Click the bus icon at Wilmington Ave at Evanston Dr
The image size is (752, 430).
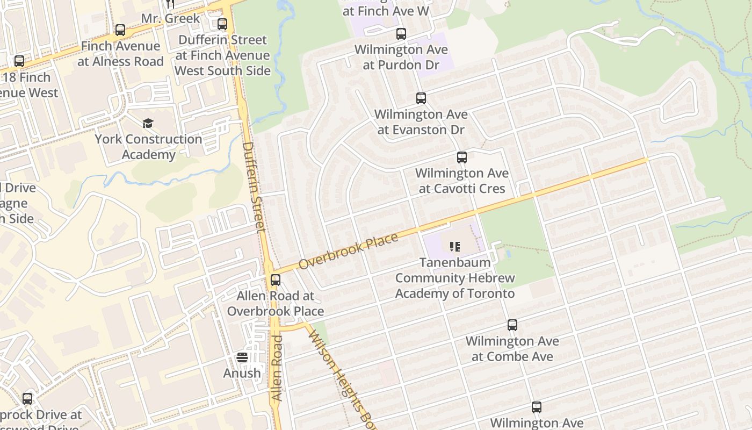pos(421,98)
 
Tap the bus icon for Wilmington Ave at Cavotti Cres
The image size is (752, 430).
pos(462,157)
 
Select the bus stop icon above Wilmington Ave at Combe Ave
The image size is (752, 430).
pos(512,325)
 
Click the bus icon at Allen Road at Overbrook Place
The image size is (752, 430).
pos(276,279)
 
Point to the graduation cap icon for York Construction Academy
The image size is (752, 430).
pos(148,124)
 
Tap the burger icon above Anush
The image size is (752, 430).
pos(242,357)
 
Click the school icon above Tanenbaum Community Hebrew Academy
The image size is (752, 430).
pos(455,247)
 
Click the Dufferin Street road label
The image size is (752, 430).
pos(254,186)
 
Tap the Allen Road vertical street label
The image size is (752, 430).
pos(277,368)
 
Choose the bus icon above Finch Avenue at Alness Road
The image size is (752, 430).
pos(120,30)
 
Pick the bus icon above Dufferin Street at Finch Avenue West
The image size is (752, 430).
pos(222,24)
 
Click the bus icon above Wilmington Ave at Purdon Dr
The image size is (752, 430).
pos(401,34)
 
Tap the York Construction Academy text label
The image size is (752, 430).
pos(148,147)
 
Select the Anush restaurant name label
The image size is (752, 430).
pos(242,373)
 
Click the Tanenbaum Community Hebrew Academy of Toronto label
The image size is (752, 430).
pos(455,278)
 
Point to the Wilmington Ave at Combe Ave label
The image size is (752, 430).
pos(512,349)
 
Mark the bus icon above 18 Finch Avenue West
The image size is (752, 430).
pos(19,61)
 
